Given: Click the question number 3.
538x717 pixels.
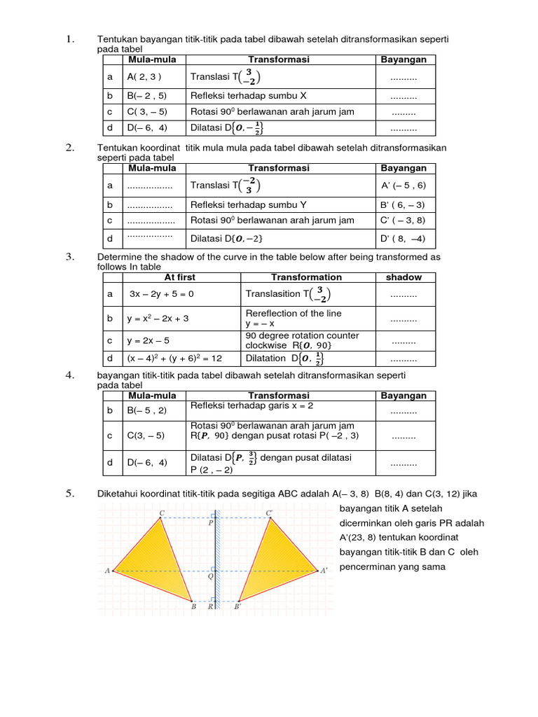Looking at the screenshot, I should click(x=70, y=257).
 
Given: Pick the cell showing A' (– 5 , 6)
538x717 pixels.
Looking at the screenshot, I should click(x=403, y=186).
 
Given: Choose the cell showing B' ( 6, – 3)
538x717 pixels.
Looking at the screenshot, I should click(x=403, y=205).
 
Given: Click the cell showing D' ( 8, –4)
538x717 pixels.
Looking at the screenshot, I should click(x=403, y=239).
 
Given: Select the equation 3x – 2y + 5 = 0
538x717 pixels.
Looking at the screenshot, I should click(x=162, y=294).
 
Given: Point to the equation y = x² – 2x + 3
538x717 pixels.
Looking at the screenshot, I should click(x=158, y=318).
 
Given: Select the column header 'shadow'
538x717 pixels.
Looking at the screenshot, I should click(x=403, y=277).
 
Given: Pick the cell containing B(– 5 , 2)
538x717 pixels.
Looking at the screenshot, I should click(x=146, y=410).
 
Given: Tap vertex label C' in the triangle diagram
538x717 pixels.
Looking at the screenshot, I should click(x=269, y=513).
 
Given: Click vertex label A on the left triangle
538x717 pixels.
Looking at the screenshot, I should click(x=108, y=571).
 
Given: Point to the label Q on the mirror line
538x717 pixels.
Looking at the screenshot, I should click(x=210, y=578).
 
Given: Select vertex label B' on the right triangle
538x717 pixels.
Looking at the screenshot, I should click(x=237, y=607).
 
